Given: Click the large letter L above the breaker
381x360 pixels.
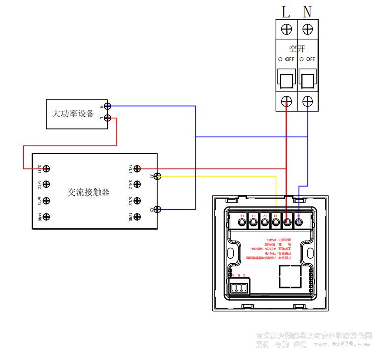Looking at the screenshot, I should (286, 10).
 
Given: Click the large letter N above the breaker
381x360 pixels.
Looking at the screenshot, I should (307, 10).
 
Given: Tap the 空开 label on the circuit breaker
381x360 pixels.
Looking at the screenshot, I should (297, 49).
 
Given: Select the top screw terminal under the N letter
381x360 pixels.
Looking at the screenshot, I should (307, 27).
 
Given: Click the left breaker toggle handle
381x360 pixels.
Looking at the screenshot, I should (286, 80).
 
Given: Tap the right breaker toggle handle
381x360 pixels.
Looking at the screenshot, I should (307, 80).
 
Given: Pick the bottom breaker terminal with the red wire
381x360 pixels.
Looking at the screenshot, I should (287, 102).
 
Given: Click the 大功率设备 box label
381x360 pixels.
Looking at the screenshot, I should (73, 114).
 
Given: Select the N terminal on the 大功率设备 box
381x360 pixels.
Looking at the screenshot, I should (108, 106).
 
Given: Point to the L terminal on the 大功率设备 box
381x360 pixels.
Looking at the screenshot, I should (108, 119).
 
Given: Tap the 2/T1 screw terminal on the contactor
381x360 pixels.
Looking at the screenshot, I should (47, 168).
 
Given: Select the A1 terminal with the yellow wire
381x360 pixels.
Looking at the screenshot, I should (157, 176).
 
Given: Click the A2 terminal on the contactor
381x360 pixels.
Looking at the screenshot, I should (157, 209).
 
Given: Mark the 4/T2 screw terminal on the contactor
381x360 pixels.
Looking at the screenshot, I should (47, 184).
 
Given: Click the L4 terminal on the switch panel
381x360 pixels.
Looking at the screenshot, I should (242, 221).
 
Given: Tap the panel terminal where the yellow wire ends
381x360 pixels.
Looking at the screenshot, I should (276, 221).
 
